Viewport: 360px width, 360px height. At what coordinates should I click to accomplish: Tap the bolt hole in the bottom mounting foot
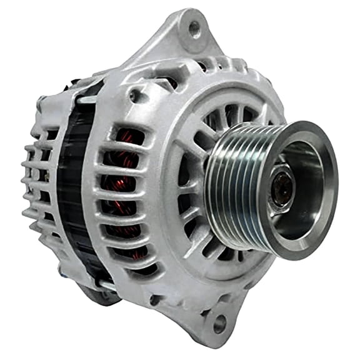click(219, 323)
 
